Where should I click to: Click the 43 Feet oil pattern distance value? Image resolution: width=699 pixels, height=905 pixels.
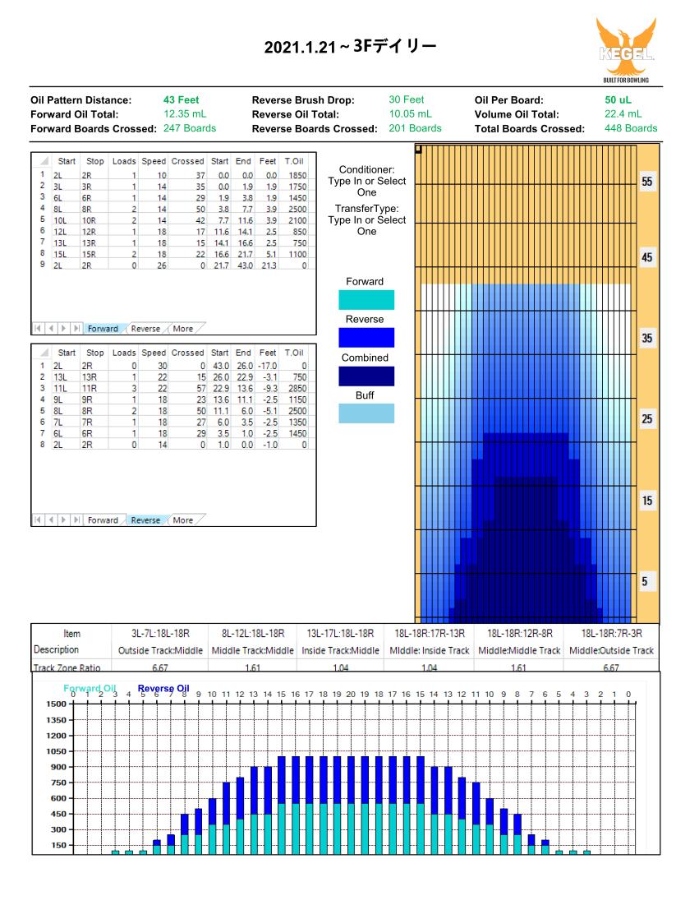point(181,99)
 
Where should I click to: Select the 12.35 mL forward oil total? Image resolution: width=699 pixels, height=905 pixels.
point(185,114)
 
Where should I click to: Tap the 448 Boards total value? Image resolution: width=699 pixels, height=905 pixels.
point(631,128)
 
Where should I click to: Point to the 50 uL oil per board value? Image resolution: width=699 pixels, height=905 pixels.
point(618,99)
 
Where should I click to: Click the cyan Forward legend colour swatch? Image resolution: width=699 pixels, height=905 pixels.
point(366,300)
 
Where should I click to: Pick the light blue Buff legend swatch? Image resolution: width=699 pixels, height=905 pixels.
point(366,413)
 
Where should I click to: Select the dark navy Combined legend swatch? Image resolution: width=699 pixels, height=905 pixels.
point(366,376)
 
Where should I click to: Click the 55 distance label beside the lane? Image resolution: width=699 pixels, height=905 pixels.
point(647,182)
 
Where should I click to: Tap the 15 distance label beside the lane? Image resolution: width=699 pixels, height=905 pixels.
point(647,501)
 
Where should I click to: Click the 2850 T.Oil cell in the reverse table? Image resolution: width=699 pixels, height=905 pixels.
point(297,389)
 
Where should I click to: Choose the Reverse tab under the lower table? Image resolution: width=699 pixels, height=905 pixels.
point(145,520)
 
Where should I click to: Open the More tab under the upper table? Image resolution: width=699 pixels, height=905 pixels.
point(183,329)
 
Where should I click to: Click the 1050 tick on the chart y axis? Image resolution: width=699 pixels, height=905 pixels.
point(56,751)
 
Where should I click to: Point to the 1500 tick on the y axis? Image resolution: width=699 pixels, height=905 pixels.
point(56,704)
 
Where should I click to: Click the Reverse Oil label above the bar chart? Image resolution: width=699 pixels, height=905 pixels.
point(163,688)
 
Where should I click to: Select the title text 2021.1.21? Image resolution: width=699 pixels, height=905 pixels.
point(300,48)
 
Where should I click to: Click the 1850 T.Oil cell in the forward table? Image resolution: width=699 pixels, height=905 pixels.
point(297,175)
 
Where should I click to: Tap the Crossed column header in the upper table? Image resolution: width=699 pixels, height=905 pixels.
point(187,161)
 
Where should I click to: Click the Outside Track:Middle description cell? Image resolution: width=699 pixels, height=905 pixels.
point(160,650)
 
